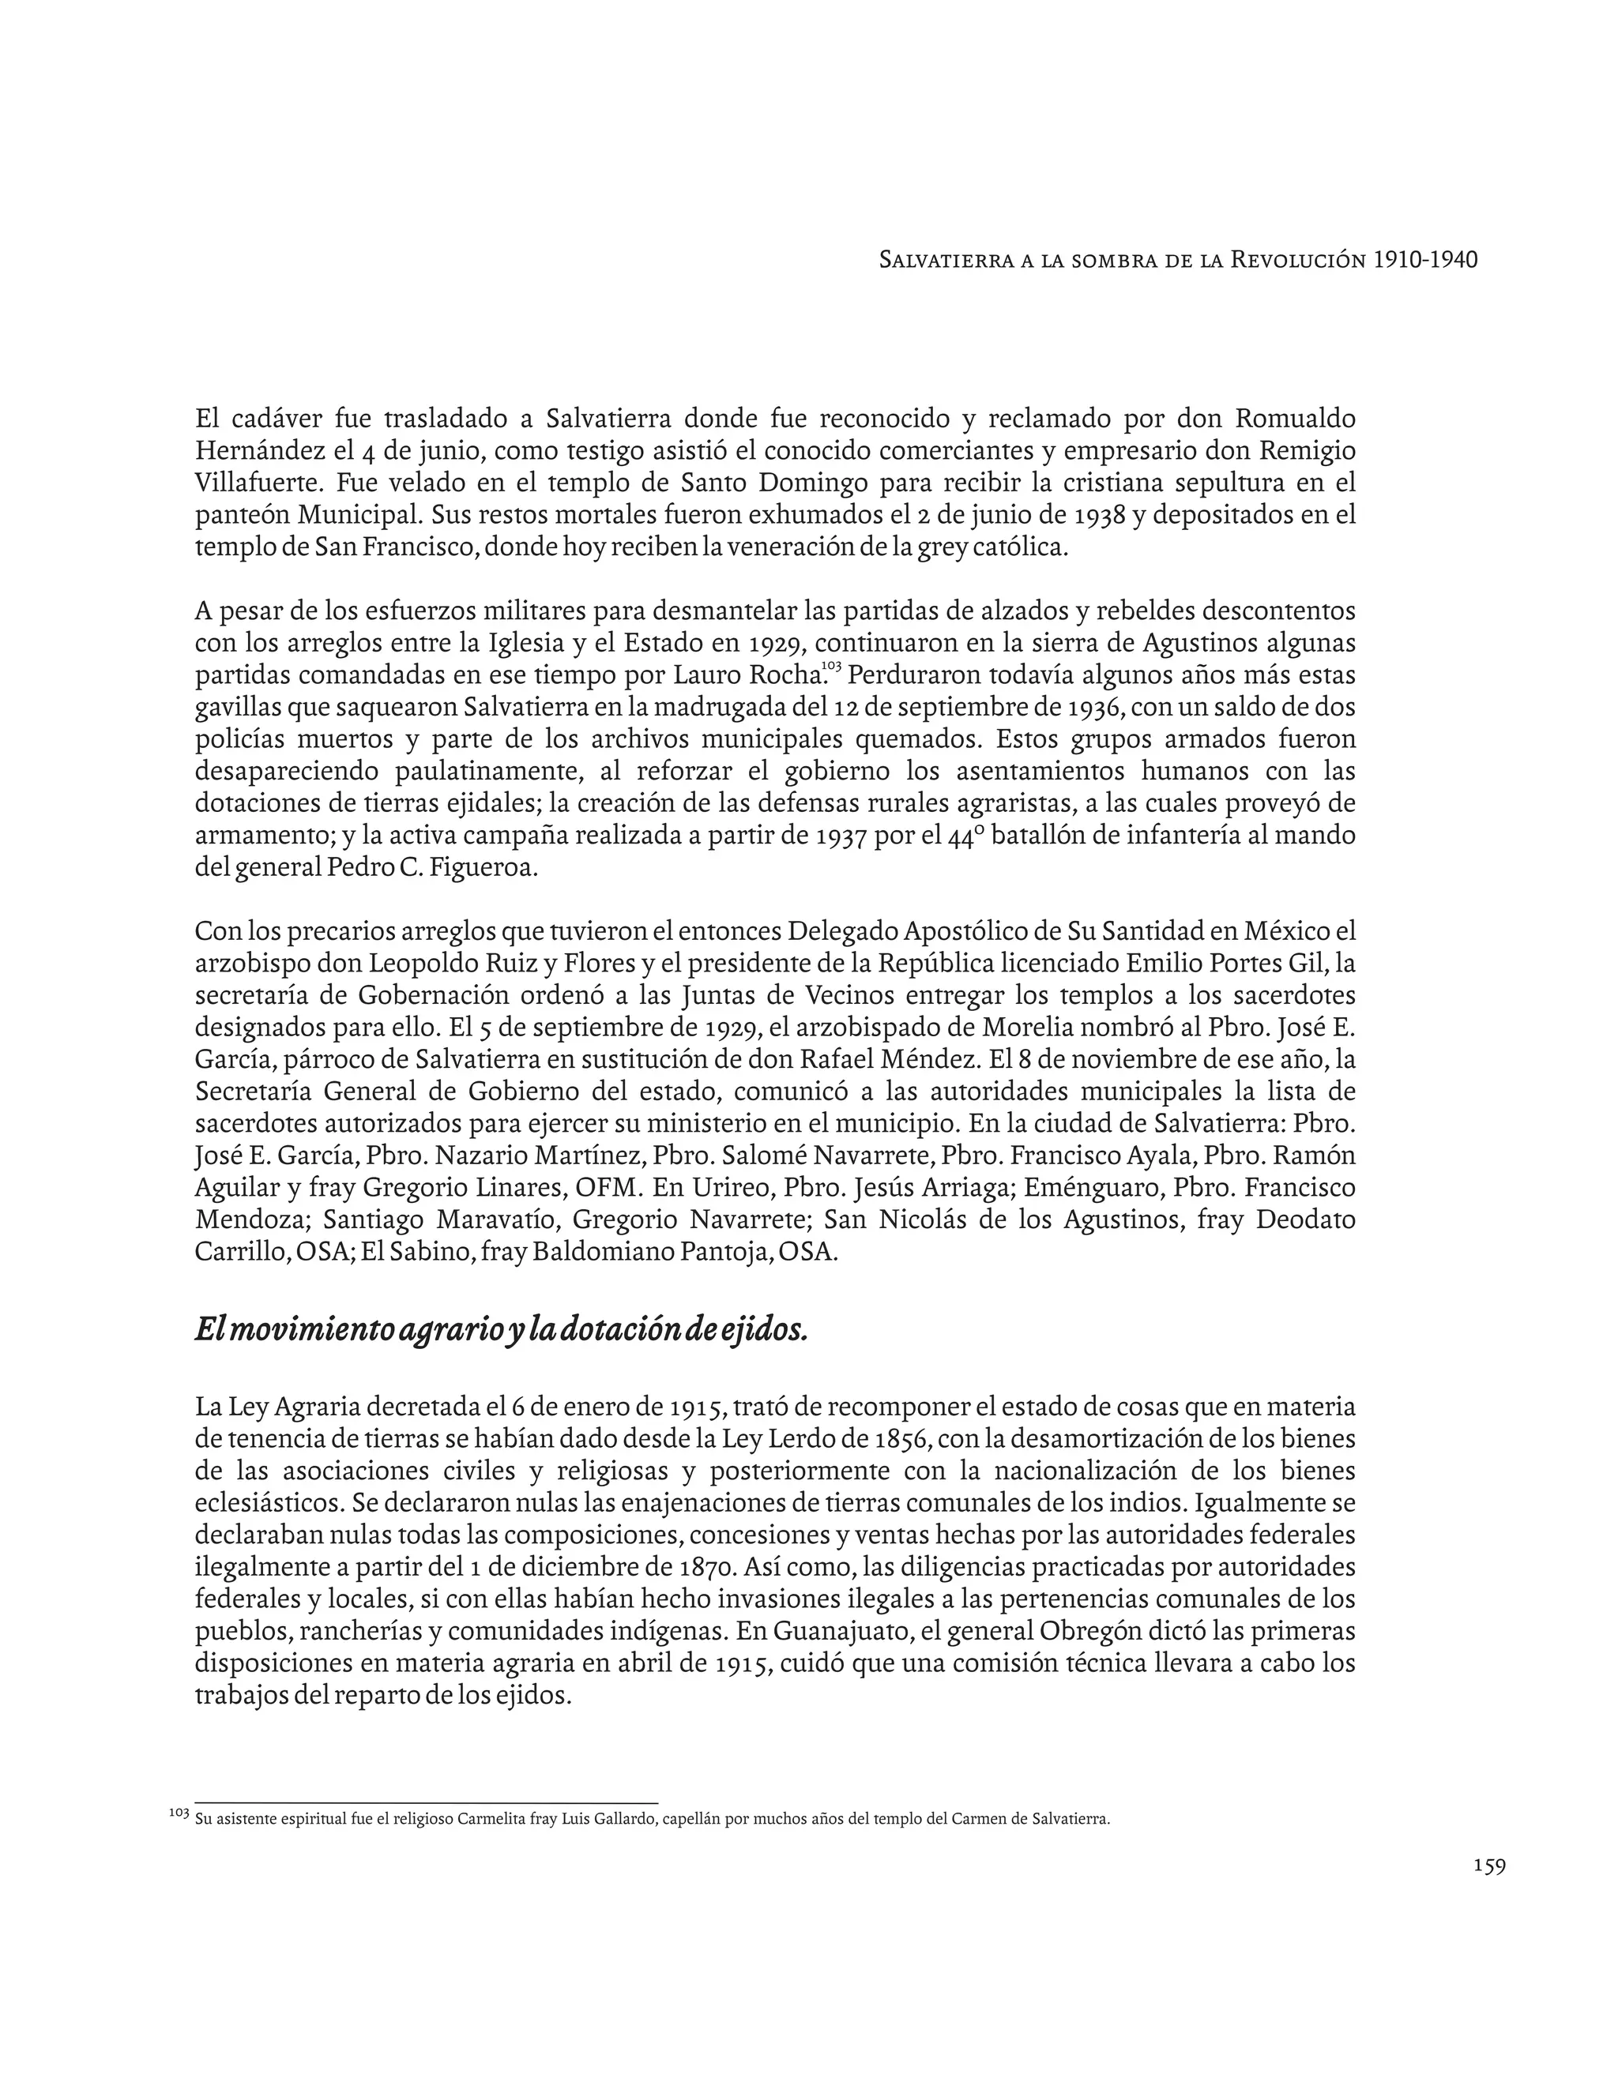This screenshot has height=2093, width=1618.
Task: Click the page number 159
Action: point(1489,1866)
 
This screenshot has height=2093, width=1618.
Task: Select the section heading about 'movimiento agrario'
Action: point(502,1329)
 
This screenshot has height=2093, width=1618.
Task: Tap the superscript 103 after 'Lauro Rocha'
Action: point(831,665)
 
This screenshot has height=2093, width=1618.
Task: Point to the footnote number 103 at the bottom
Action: point(179,1813)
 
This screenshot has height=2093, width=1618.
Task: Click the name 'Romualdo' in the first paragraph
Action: point(1295,419)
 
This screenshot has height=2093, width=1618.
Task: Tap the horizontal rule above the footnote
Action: point(426,1802)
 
